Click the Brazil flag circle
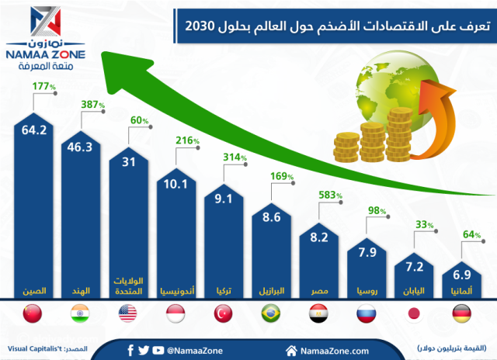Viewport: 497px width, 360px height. tap(272, 314)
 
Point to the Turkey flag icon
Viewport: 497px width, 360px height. tap(224, 314)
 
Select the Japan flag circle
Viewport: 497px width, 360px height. tap(415, 314)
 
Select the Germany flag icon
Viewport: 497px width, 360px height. tap(462, 314)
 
